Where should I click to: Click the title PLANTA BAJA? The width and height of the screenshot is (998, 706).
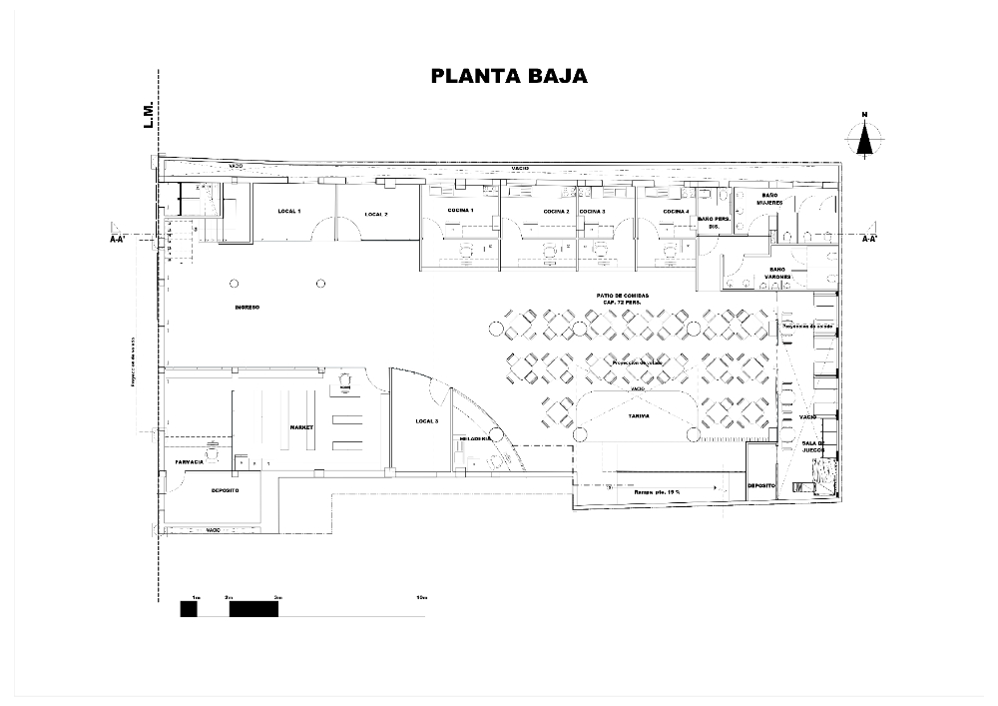click(x=509, y=77)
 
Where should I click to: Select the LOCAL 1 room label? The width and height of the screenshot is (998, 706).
click(x=289, y=212)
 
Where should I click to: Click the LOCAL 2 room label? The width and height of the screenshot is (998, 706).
click(x=375, y=214)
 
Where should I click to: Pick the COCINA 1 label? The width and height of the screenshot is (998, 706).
click(x=459, y=211)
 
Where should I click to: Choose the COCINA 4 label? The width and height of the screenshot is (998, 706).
click(x=676, y=212)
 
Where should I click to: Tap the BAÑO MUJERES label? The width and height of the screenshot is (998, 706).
click(x=769, y=199)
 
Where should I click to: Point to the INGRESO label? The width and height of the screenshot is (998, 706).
click(x=247, y=308)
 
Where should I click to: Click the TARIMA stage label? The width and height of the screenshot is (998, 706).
click(x=638, y=414)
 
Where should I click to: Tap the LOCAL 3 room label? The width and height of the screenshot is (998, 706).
click(x=426, y=422)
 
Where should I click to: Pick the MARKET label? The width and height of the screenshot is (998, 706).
click(x=301, y=426)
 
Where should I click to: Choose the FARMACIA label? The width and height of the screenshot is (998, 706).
click(x=190, y=462)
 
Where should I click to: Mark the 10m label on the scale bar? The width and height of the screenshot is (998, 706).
click(x=421, y=597)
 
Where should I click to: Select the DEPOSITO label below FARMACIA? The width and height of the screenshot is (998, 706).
click(x=225, y=490)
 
